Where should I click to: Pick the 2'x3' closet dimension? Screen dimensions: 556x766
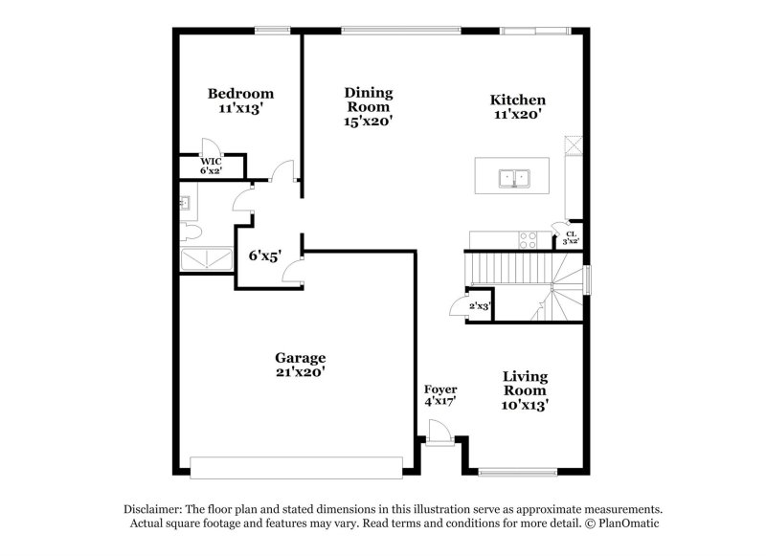479,305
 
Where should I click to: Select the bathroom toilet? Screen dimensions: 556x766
190,232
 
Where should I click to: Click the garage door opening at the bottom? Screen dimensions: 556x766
296,467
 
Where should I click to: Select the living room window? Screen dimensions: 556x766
518,471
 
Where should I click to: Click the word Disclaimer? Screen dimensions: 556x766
154,510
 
